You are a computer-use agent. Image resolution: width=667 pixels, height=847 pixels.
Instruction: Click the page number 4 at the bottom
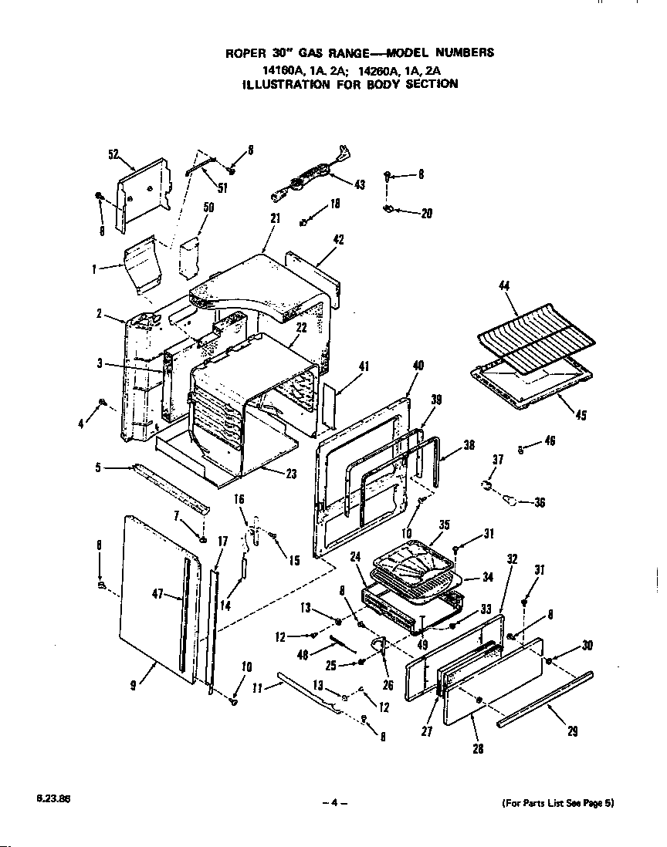click(x=334, y=803)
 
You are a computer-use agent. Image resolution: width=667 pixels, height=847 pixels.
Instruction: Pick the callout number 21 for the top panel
click(x=275, y=219)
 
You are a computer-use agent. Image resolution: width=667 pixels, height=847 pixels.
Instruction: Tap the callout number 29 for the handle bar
click(x=572, y=731)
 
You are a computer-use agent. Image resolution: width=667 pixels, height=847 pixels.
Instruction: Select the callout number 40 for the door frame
click(x=418, y=366)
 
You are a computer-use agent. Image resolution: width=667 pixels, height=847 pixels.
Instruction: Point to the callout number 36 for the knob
click(x=539, y=502)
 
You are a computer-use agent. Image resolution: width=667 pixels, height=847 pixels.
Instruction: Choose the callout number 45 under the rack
click(x=581, y=416)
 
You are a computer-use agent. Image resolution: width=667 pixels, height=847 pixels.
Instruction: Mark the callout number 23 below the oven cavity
click(x=290, y=474)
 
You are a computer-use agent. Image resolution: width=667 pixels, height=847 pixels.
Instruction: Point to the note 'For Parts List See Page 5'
click(x=557, y=803)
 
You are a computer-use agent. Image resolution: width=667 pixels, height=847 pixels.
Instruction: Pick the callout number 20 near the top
click(x=426, y=214)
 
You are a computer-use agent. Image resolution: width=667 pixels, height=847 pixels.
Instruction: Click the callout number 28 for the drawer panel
click(x=479, y=747)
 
